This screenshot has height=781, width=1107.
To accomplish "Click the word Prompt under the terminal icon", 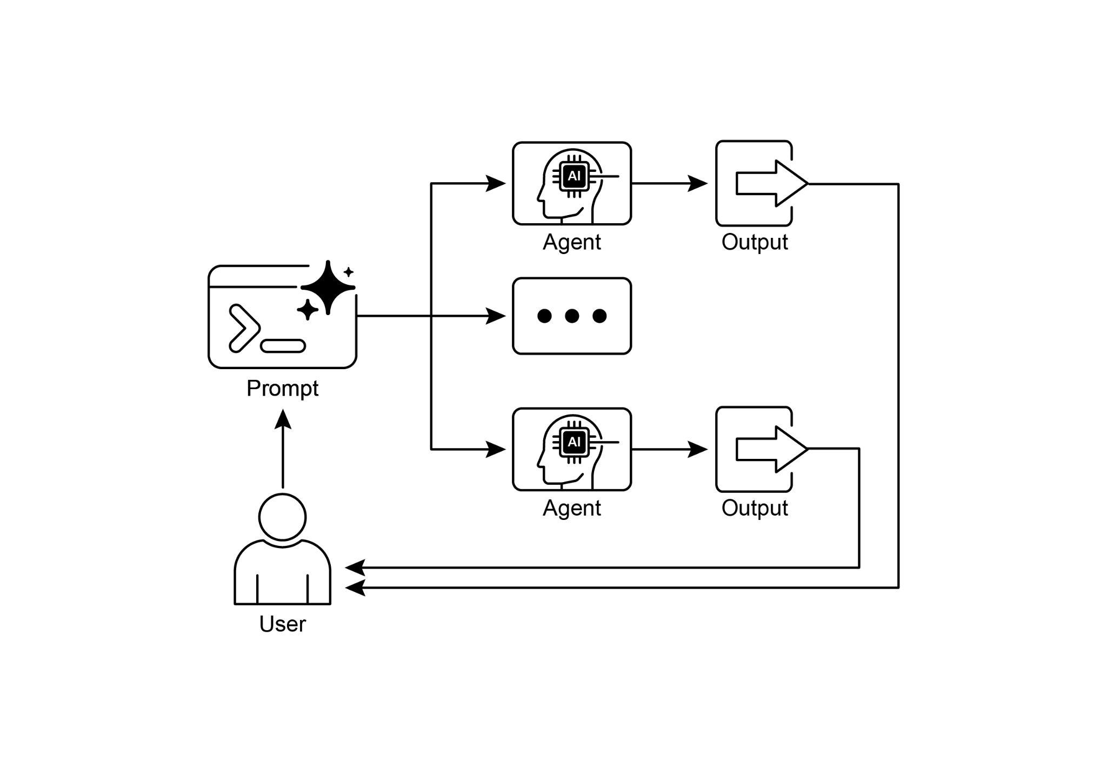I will pyautogui.click(x=282, y=388).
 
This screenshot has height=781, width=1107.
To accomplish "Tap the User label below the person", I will pyautogui.click(x=282, y=624).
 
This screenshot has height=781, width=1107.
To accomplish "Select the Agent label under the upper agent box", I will pyautogui.click(x=571, y=242).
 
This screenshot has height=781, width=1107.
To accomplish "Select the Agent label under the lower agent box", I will pyautogui.click(x=571, y=508).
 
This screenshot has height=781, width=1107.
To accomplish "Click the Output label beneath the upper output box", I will pyautogui.click(x=754, y=242).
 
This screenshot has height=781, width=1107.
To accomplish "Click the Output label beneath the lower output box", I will pyautogui.click(x=754, y=508).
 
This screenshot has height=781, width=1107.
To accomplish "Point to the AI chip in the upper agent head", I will pyautogui.click(x=574, y=176).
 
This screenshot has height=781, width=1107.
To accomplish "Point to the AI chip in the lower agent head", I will pyautogui.click(x=574, y=442).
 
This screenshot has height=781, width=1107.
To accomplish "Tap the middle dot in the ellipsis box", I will pyautogui.click(x=571, y=316).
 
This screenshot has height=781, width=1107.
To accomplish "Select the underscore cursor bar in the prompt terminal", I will pyautogui.click(x=283, y=346).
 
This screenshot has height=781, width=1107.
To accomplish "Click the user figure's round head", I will pyautogui.click(x=282, y=517).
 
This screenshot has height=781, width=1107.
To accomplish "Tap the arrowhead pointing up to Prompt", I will pyautogui.click(x=282, y=419).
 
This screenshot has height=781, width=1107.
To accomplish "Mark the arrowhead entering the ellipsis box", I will pyautogui.click(x=495, y=316).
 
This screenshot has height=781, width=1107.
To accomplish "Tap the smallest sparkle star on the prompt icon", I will pyautogui.click(x=349, y=272).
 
